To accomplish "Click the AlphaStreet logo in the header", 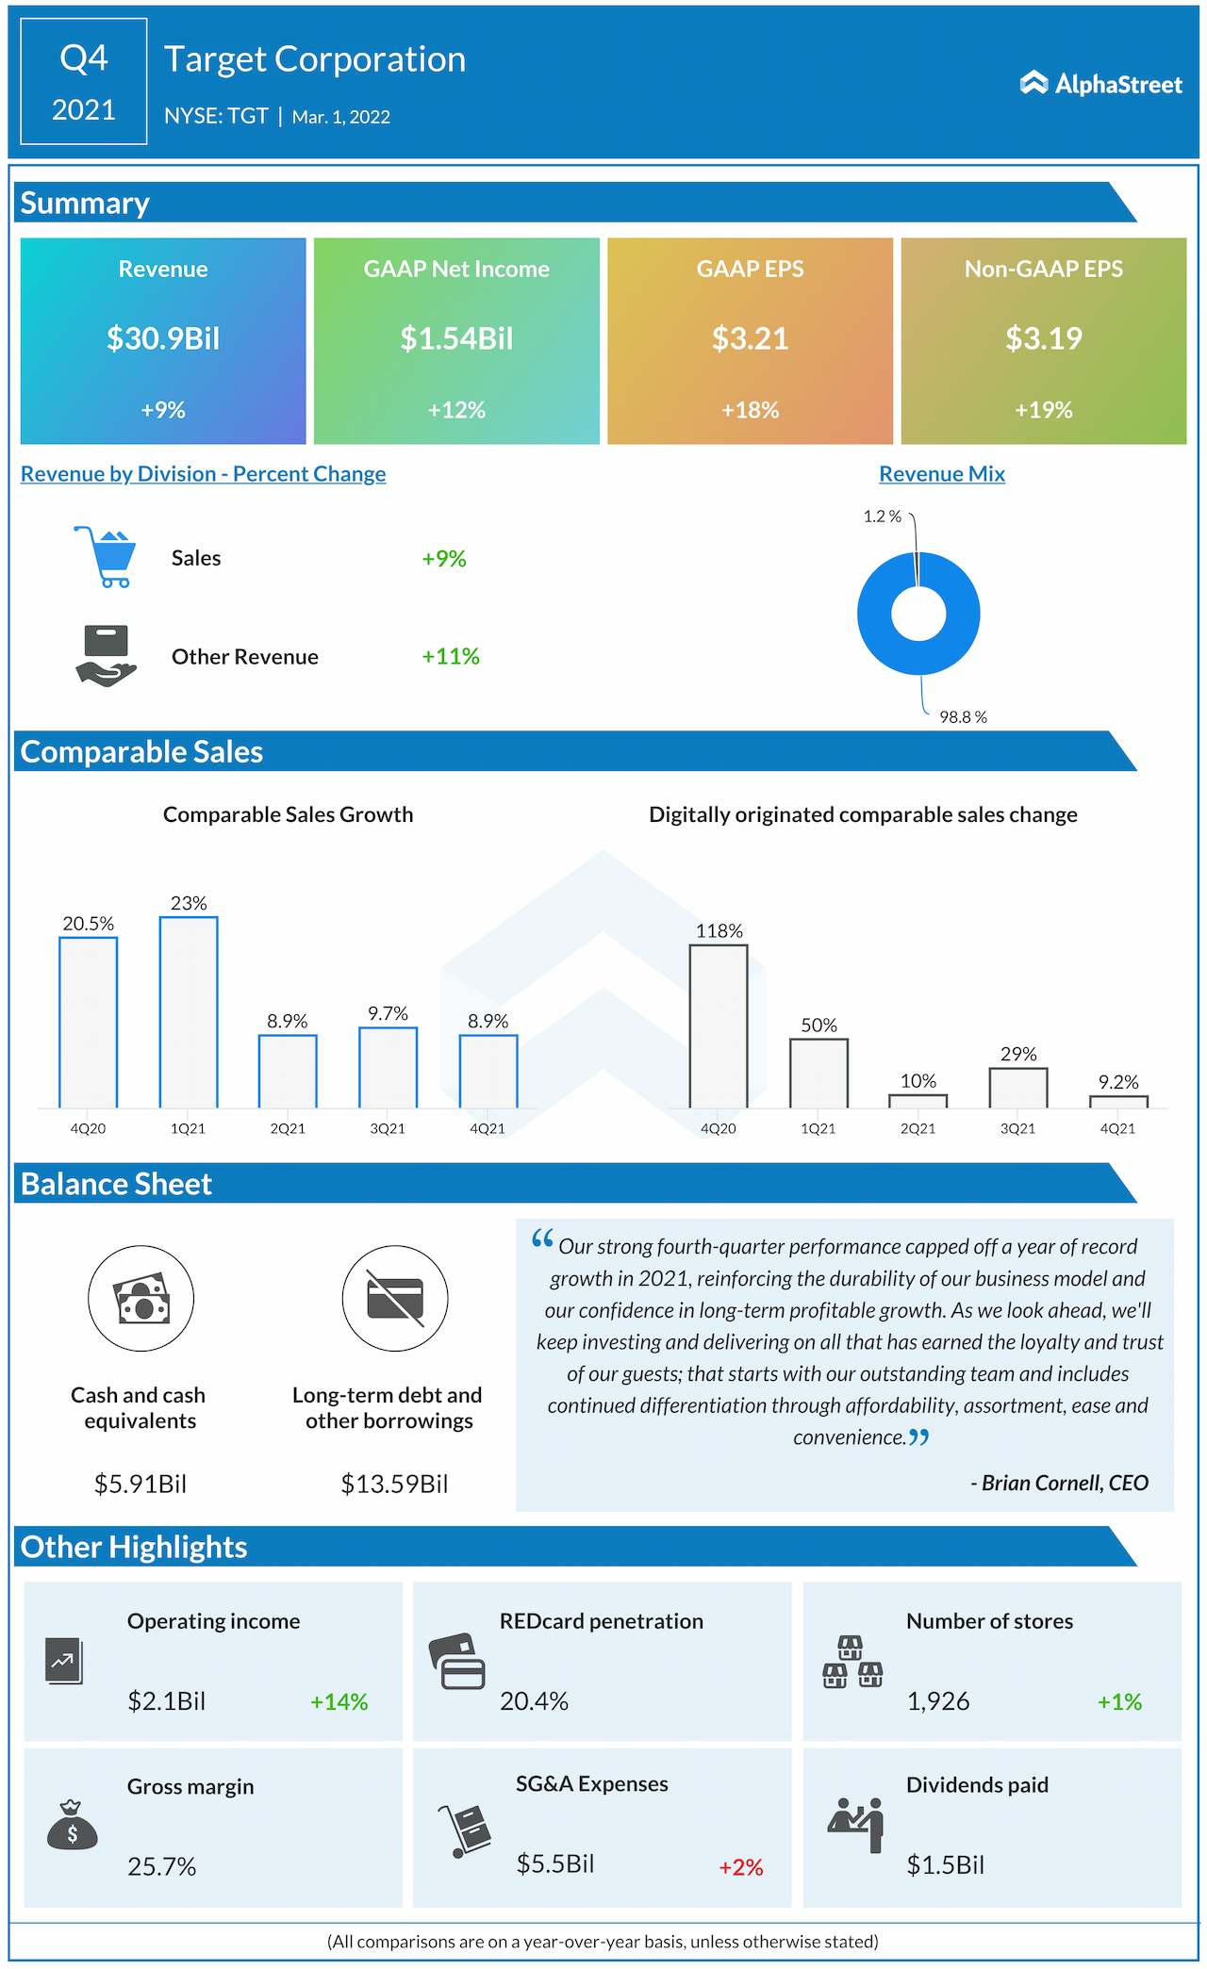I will (x=1100, y=84).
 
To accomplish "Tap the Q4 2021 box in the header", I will (x=84, y=82).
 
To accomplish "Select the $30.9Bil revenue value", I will (x=163, y=338).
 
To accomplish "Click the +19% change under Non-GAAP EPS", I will (x=1043, y=410).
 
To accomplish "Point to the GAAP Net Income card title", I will (x=456, y=270).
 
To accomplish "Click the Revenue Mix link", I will (x=941, y=474).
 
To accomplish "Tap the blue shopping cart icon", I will (x=106, y=557).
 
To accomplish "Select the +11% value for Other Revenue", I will (x=450, y=656).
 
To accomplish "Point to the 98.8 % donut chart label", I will (x=963, y=717).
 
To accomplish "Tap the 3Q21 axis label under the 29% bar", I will (x=1017, y=1128).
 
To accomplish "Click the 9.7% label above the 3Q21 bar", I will (x=388, y=1014).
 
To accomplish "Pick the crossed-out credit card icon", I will (x=394, y=1299).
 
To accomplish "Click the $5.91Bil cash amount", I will (x=140, y=1485).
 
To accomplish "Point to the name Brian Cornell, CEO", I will (x=1064, y=1484).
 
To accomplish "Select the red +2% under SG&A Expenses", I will (x=740, y=1867).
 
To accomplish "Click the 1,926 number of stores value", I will (x=937, y=1701).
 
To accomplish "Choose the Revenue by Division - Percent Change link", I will (x=203, y=474).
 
